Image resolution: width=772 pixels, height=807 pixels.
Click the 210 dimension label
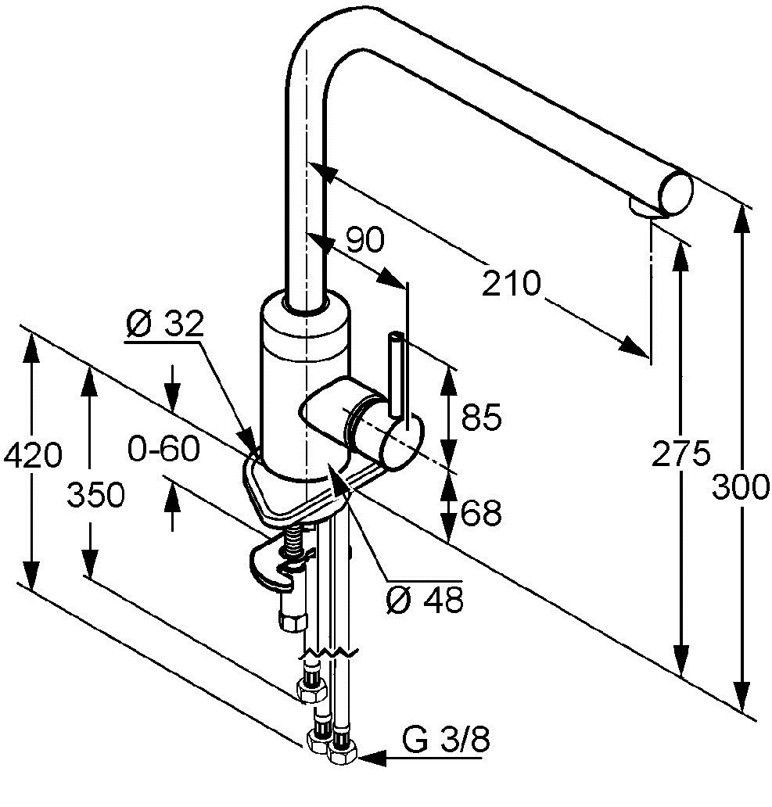(512, 282)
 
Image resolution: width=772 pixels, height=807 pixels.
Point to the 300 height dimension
(741, 488)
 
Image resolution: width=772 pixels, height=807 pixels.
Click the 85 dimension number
(481, 418)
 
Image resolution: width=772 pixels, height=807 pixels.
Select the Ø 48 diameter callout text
(425, 600)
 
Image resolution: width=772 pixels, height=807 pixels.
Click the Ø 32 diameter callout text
(164, 323)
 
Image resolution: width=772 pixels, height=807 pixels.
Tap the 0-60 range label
(163, 449)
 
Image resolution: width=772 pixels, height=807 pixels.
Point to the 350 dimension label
(95, 495)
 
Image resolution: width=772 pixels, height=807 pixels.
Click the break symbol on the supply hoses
(332, 651)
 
